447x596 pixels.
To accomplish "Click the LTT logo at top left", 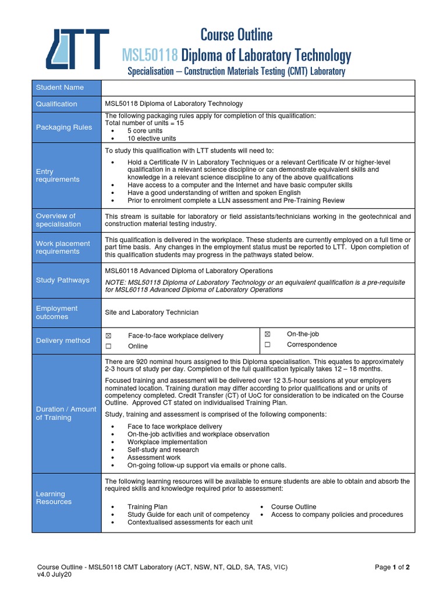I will (77, 49).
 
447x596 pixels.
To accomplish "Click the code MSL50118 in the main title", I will (150, 56).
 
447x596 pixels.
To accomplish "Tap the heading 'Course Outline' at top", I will (236, 35).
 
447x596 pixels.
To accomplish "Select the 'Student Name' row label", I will (60, 87).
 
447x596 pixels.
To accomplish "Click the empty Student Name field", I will (258, 87).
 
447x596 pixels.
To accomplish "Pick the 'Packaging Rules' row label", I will (64, 127).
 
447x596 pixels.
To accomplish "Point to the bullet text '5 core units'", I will (145, 131).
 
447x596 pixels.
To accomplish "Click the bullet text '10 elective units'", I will (151, 139).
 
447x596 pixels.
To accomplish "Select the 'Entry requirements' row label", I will (58, 175).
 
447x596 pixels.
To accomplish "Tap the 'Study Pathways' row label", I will (63, 280).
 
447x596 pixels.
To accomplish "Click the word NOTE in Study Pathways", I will (115, 282).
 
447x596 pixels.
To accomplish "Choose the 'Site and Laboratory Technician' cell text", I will (151, 313).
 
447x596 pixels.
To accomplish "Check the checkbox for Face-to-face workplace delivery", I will (108, 336).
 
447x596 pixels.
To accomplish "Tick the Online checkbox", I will (108, 346).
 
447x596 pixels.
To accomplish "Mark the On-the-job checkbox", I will (268, 334).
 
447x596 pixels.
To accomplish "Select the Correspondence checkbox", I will (268, 345).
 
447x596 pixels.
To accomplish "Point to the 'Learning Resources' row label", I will (54, 498).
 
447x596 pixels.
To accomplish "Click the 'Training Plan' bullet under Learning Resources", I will (147, 507).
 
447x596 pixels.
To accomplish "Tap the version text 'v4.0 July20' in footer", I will (54, 575).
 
